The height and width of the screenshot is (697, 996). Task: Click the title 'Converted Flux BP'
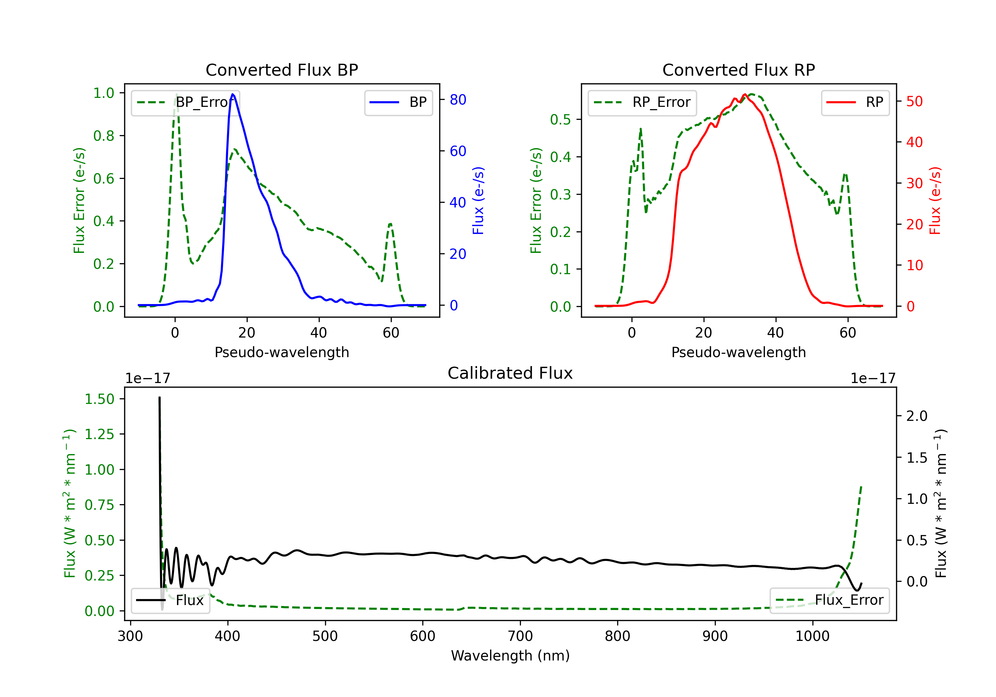coord(282,70)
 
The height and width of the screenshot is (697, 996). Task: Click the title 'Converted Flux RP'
coord(738,70)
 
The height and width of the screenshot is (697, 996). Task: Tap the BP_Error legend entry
coord(185,102)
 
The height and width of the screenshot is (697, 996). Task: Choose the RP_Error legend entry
coord(642,102)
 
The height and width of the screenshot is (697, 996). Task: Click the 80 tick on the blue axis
coord(457,100)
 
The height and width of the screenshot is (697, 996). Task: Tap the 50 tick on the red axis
coord(914,102)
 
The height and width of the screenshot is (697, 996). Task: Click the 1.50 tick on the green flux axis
coord(99,399)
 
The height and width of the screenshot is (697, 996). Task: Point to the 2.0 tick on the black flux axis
coord(917,416)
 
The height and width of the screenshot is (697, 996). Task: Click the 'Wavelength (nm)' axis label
coord(510,656)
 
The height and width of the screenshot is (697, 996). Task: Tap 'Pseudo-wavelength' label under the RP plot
coord(738,352)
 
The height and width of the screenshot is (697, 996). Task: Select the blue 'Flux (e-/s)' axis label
coord(478,200)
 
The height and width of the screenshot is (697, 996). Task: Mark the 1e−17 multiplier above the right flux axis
coord(873,378)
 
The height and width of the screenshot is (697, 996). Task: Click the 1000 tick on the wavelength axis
coord(812,636)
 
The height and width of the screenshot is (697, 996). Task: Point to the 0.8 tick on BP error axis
coord(104,136)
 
